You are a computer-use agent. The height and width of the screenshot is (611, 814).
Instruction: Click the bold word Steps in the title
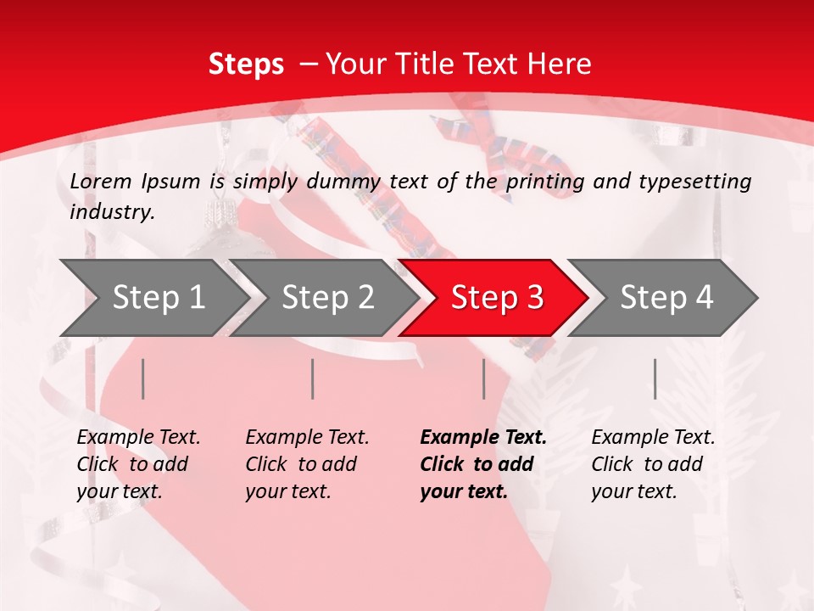246,64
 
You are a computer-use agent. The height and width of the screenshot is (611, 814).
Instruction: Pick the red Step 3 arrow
497,298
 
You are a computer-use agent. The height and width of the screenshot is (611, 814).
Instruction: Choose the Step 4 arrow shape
666,298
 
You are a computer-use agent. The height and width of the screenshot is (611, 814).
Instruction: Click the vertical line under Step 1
143,378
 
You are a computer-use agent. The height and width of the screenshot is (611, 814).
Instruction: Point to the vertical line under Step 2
313,378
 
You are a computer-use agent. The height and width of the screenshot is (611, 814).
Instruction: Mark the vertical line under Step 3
483,378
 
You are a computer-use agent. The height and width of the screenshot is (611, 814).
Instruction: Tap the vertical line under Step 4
655,378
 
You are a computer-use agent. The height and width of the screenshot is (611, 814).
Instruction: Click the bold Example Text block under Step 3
483,464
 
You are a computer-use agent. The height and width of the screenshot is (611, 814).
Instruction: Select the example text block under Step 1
138,464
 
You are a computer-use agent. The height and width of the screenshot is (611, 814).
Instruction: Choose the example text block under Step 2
307,464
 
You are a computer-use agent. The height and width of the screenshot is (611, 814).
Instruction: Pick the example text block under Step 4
653,464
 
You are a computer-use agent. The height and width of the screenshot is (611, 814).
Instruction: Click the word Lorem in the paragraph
100,181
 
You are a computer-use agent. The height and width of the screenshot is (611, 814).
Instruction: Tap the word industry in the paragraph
111,212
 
